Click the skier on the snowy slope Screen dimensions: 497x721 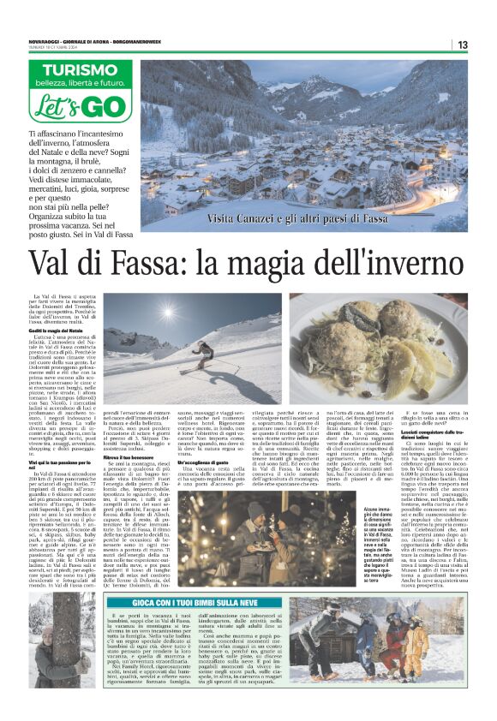click(x=203, y=352)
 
